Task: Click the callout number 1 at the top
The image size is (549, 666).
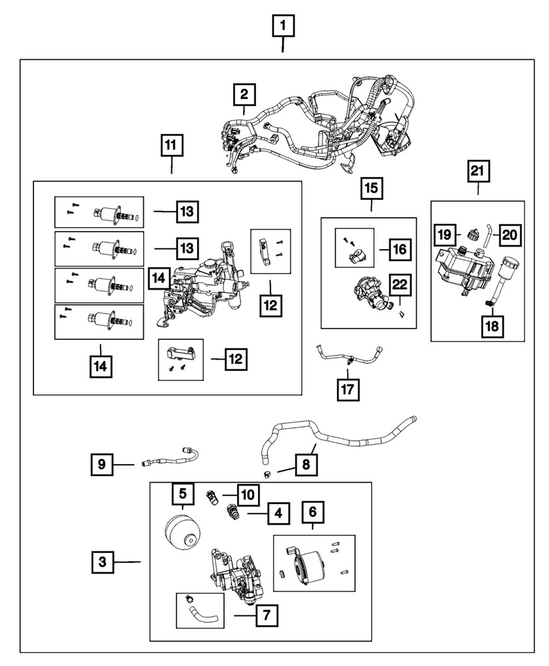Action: [283, 27]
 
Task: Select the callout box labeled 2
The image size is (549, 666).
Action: [244, 95]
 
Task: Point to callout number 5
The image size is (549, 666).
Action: [181, 494]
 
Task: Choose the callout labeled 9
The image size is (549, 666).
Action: [102, 464]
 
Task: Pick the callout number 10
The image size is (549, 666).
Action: [247, 495]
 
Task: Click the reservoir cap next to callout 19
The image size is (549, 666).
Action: [473, 234]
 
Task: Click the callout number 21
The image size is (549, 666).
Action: [478, 172]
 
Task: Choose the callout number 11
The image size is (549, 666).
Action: [171, 145]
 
